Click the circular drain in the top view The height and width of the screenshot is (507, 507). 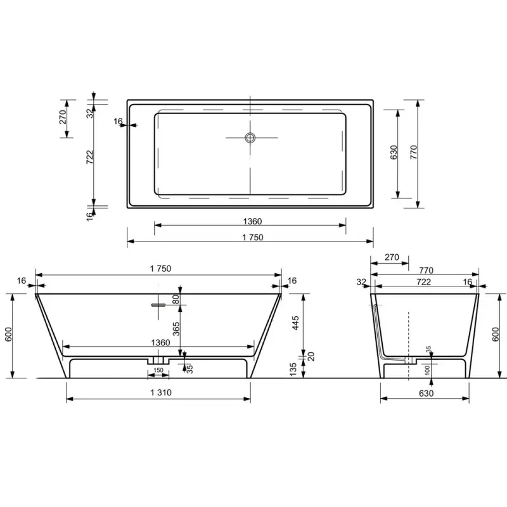point(250,138)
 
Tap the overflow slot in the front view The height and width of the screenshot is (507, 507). point(158,305)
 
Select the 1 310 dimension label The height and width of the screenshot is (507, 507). point(161,392)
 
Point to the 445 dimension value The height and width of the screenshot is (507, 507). point(295,323)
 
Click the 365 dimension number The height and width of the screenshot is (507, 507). point(176,329)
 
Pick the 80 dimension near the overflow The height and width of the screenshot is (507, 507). point(176,299)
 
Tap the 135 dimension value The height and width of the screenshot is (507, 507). point(293,369)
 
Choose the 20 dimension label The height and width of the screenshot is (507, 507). point(311,357)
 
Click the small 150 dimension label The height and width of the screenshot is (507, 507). point(158,370)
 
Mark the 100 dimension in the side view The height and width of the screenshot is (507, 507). point(427,370)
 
